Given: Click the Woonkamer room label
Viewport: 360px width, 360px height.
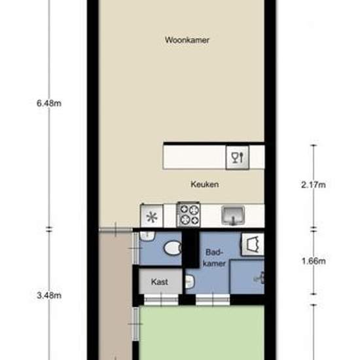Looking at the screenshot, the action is click(x=187, y=40).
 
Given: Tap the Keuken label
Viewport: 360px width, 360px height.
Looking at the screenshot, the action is click(x=205, y=185).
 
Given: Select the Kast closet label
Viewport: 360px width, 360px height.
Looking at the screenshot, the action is click(x=160, y=281).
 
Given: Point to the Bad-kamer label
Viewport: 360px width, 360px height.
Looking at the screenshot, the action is click(x=214, y=258).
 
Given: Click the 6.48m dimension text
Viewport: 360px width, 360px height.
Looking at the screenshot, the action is click(x=49, y=103).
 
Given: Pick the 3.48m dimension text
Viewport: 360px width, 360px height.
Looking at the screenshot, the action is click(x=49, y=295).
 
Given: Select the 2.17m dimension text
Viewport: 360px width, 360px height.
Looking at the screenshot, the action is click(x=314, y=185).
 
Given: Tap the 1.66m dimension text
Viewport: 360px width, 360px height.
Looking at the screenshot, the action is click(x=314, y=261).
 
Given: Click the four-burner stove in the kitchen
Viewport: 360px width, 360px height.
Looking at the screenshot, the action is click(x=189, y=215).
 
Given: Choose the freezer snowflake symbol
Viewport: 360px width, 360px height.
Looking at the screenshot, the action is click(x=152, y=217).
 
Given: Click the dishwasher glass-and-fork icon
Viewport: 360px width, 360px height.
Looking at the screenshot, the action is click(x=238, y=158).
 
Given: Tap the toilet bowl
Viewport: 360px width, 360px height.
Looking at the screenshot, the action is click(x=173, y=248).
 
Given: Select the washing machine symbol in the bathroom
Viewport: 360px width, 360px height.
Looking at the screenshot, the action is click(x=253, y=245).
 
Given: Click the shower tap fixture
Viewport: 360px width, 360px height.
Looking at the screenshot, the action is click(x=259, y=278).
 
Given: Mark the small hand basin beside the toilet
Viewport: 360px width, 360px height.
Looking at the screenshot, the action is click(x=147, y=236).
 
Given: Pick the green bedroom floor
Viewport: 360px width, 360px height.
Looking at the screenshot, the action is click(x=202, y=333).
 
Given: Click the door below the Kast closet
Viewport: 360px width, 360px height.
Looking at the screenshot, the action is click(x=161, y=300).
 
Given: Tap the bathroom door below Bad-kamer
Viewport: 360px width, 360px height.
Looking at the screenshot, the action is click(x=213, y=300).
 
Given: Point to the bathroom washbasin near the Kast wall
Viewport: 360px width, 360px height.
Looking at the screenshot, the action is click(x=190, y=281).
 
